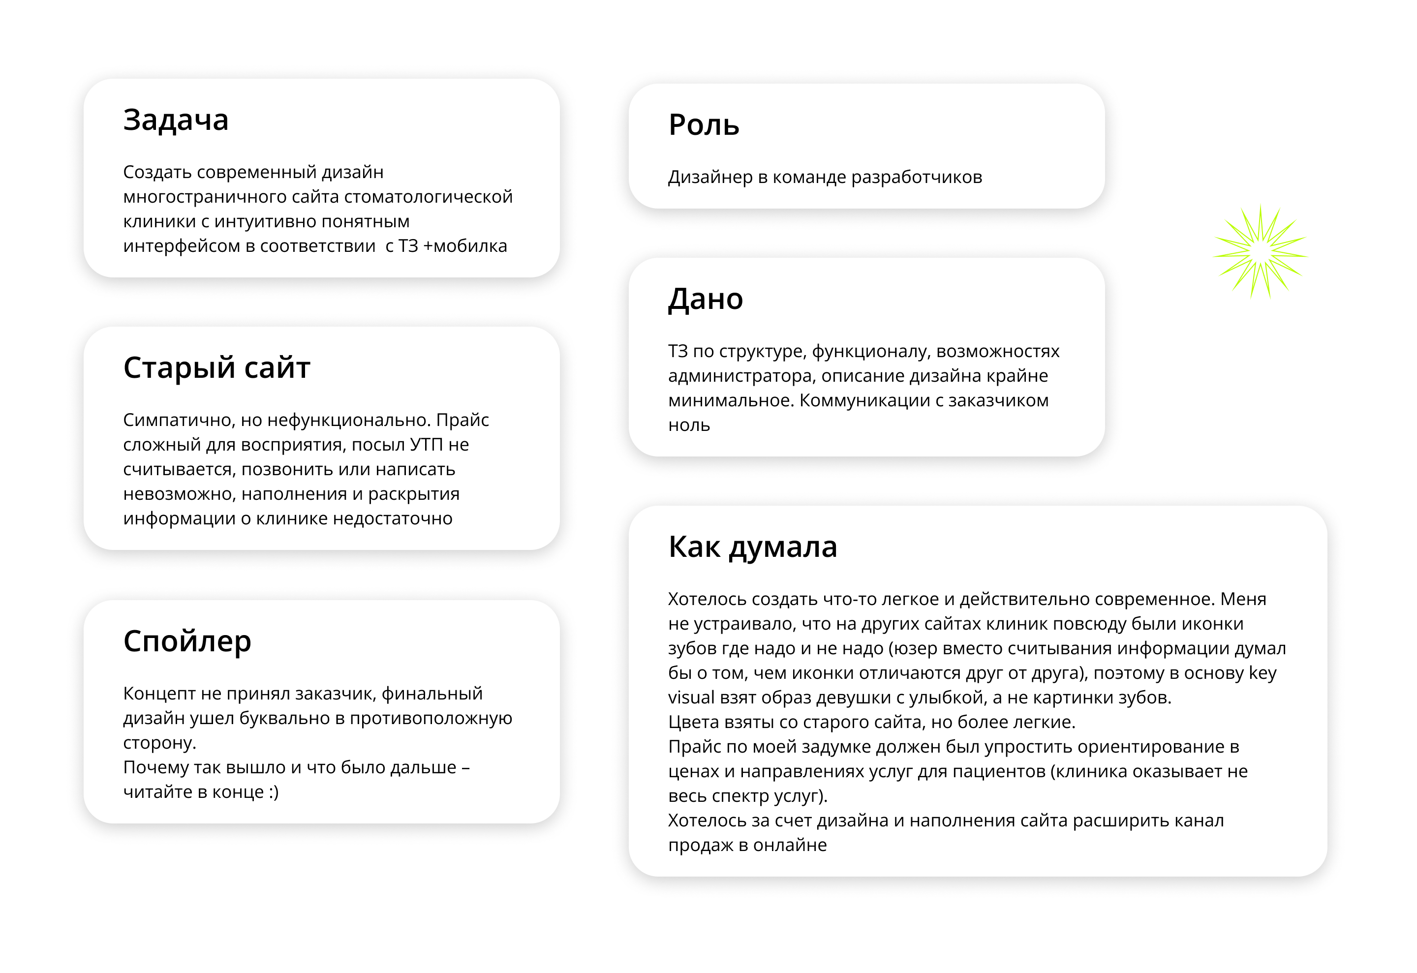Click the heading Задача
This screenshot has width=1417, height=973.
(x=176, y=120)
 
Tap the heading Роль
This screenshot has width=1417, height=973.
(x=704, y=125)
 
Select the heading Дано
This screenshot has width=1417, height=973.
(x=706, y=300)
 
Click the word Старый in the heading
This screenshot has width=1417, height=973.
(x=179, y=368)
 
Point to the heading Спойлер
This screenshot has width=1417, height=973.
(x=187, y=641)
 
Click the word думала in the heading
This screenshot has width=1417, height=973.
(x=783, y=547)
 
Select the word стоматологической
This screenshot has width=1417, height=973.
(x=429, y=197)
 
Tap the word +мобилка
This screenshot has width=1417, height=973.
(x=465, y=246)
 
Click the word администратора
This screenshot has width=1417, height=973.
(x=741, y=376)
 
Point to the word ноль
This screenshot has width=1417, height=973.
(x=689, y=426)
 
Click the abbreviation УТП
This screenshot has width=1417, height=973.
(x=426, y=445)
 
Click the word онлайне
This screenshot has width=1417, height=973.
(x=790, y=846)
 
